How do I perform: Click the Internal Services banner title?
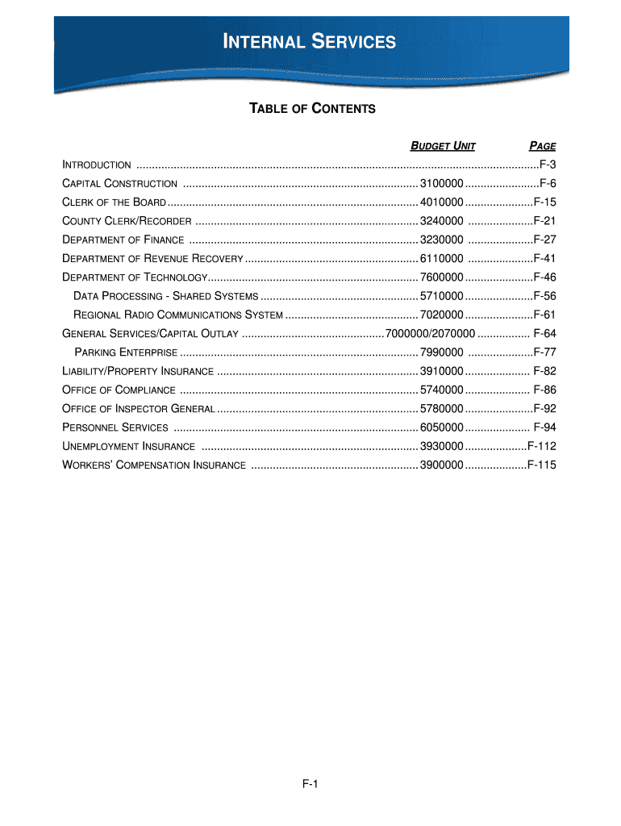(x=310, y=41)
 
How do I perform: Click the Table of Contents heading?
(x=311, y=108)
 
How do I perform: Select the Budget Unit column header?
(x=443, y=146)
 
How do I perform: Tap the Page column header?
(x=542, y=146)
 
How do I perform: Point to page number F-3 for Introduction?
(x=548, y=165)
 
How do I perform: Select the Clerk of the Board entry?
(x=115, y=202)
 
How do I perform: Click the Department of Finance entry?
(x=123, y=240)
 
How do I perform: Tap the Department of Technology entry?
(x=135, y=277)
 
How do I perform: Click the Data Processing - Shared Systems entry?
(x=165, y=296)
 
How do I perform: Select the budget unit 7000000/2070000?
(x=431, y=333)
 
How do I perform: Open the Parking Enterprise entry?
(x=126, y=353)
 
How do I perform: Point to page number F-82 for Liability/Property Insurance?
(x=544, y=371)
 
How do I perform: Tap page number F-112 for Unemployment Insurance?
(x=541, y=446)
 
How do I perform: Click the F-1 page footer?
(x=310, y=785)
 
